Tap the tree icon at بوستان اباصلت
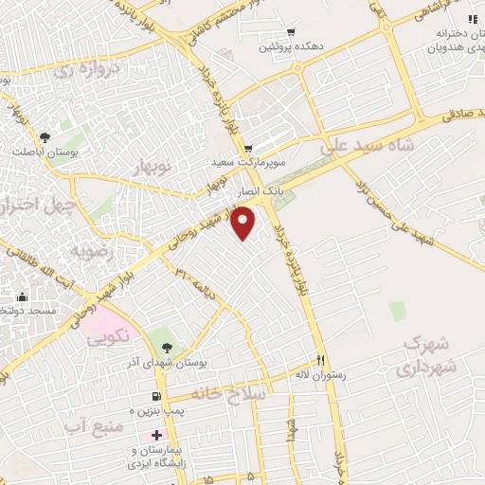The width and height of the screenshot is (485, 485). (x=45, y=138)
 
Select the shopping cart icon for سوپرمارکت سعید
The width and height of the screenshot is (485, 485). (x=248, y=149)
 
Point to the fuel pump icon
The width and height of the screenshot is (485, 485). (x=155, y=395)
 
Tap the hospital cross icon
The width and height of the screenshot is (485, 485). (x=156, y=435)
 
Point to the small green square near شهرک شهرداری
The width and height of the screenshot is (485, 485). (x=397, y=309)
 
